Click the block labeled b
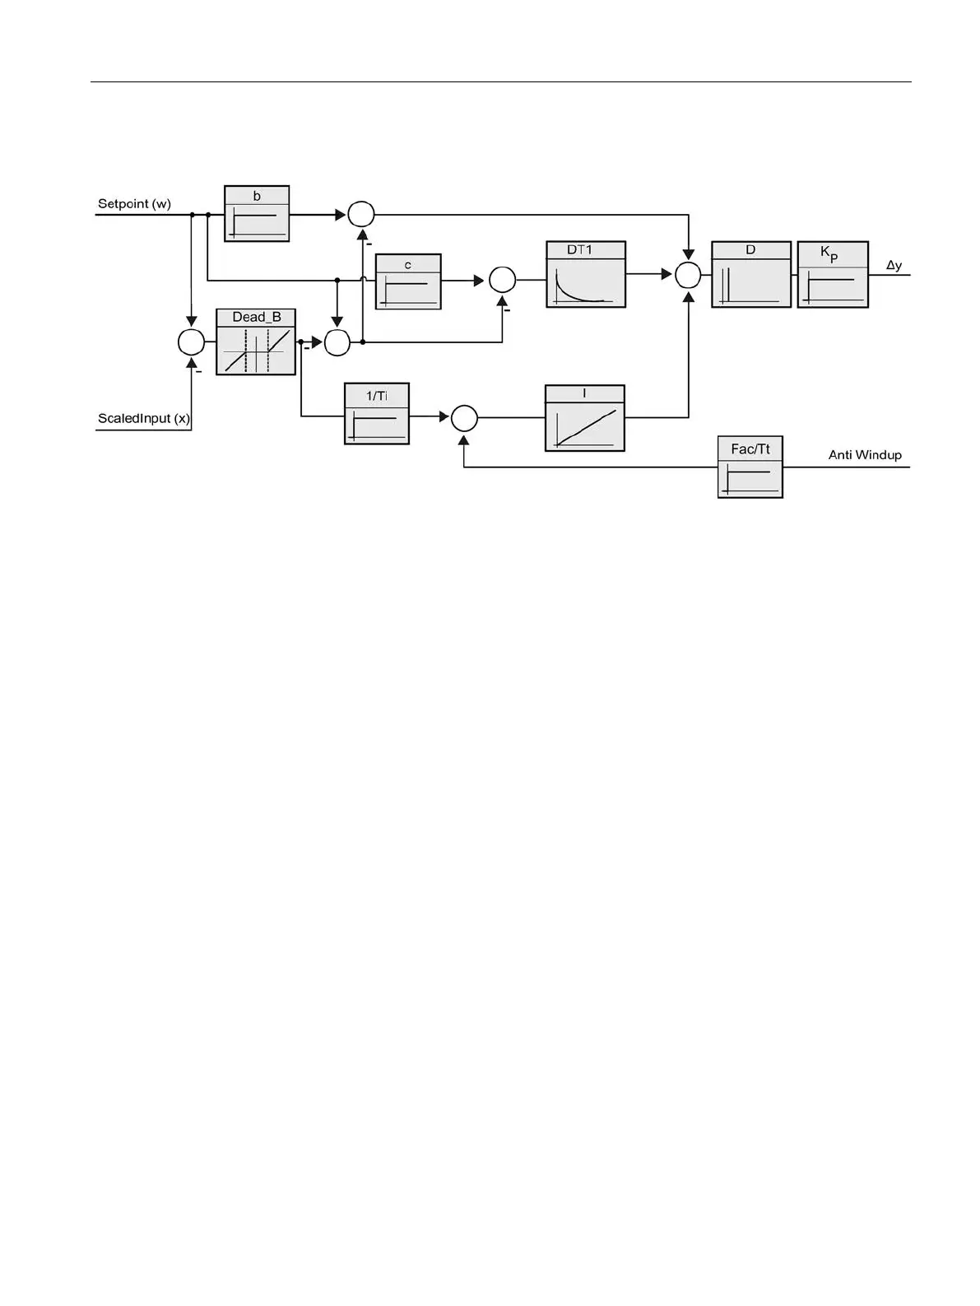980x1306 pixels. pyautogui.click(x=257, y=214)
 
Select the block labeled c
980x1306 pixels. pyautogui.click(x=408, y=281)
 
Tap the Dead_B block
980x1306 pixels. pyautogui.click(x=256, y=342)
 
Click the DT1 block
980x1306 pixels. pyautogui.click(x=586, y=275)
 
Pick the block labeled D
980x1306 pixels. pyautogui.click(x=751, y=275)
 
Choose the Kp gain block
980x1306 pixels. pyautogui.click(x=833, y=275)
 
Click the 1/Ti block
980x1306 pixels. pyautogui.click(x=377, y=414)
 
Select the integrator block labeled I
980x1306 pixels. pyautogui.click(x=585, y=418)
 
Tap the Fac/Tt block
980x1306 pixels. pyautogui.click(x=750, y=467)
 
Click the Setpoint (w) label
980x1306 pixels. pyautogui.click(x=134, y=204)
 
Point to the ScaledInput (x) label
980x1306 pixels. pyautogui.click(x=144, y=419)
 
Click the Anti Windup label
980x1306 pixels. pyautogui.click(x=865, y=455)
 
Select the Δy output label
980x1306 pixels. pyautogui.click(x=894, y=266)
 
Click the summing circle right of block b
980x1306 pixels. pyautogui.click(x=361, y=215)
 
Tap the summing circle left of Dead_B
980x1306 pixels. pyautogui.click(x=191, y=342)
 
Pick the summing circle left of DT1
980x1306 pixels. pyautogui.click(x=502, y=280)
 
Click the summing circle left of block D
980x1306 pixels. pyautogui.click(x=688, y=275)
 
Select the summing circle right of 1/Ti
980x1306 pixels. pyautogui.click(x=464, y=418)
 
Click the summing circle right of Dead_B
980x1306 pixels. pyautogui.click(x=337, y=342)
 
